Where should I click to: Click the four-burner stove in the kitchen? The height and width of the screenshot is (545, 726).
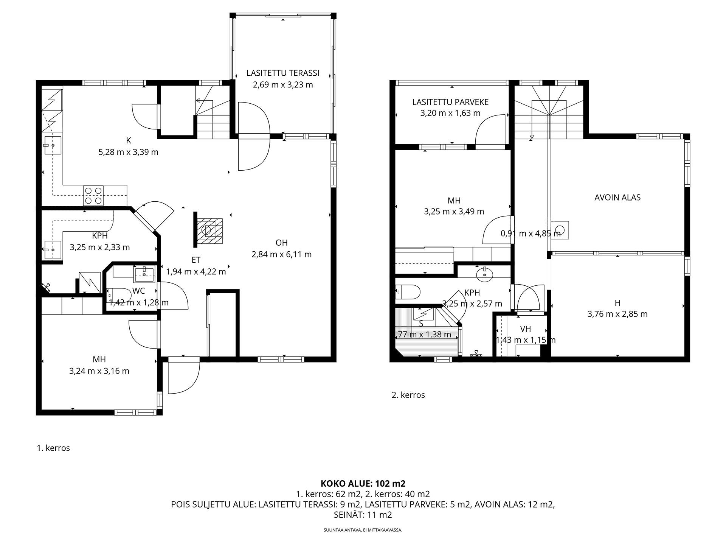(93, 195)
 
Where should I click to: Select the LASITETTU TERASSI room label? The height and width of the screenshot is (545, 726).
(283, 73)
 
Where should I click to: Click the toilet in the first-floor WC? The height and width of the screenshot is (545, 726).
(119, 294)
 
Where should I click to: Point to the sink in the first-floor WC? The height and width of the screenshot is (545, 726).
(144, 274)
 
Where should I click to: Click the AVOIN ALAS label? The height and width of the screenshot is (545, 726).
(617, 198)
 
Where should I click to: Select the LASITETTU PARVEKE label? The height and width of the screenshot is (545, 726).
(450, 102)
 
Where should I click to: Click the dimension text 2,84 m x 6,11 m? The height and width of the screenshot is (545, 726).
(282, 254)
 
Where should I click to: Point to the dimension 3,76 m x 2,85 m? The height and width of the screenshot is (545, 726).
(617, 314)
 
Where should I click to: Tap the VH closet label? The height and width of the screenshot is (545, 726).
(526, 329)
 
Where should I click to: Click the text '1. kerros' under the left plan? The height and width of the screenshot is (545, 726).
(53, 448)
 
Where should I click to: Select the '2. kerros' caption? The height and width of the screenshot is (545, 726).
(408, 395)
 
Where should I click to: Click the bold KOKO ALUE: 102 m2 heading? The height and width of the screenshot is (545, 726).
(363, 483)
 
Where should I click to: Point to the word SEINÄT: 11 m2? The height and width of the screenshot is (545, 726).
(363, 515)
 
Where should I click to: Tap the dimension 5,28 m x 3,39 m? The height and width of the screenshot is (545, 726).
(128, 152)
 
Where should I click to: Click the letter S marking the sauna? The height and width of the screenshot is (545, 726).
(421, 324)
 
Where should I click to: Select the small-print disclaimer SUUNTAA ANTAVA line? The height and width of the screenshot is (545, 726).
(363, 530)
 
